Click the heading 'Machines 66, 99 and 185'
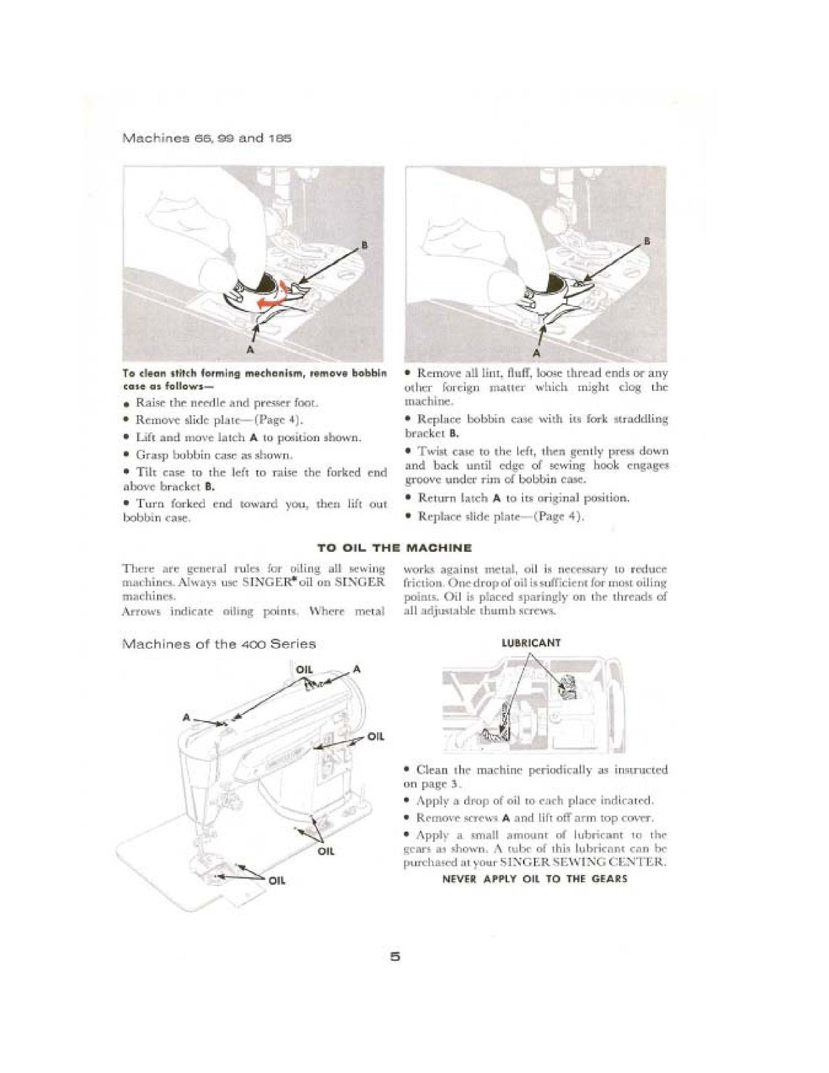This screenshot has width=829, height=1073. (206, 139)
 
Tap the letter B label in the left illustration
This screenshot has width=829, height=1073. (364, 245)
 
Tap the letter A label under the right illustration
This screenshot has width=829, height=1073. (536, 352)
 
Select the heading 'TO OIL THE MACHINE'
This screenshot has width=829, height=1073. (394, 548)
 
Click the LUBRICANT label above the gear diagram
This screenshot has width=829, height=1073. (531, 642)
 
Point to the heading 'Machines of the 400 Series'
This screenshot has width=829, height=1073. (219, 644)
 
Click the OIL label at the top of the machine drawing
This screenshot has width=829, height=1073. (305, 669)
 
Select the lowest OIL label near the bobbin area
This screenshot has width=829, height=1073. (276, 881)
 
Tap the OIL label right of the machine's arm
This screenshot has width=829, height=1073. (376, 736)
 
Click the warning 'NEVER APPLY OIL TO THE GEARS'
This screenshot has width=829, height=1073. (535, 879)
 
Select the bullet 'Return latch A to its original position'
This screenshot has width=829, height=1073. (523, 498)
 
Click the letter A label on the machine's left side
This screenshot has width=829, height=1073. (187, 718)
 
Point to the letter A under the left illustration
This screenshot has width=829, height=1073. (250, 349)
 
